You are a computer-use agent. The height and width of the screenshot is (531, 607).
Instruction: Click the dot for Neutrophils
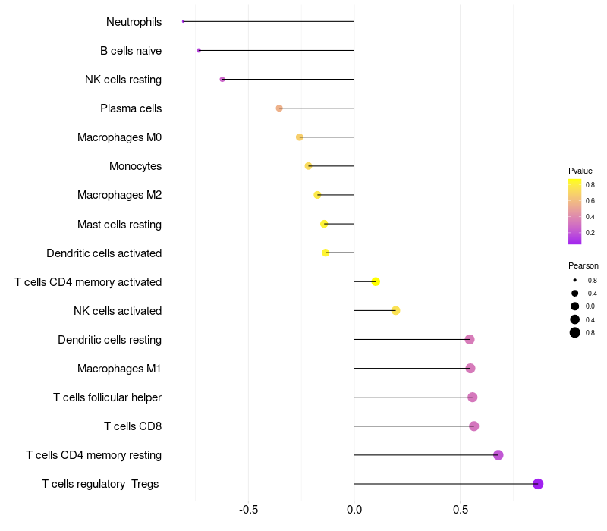[x=184, y=21]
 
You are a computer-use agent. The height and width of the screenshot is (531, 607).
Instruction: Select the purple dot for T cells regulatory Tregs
[x=538, y=484]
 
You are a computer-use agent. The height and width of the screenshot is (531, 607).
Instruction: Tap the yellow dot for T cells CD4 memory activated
[x=376, y=281]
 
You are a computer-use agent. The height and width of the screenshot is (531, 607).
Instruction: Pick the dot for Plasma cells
[x=279, y=108]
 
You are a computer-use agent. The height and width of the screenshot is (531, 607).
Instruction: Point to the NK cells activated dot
[x=395, y=310]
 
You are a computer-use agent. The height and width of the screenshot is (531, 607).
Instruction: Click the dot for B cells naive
[x=199, y=50]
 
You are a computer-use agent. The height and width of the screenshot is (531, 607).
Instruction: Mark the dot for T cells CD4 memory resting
[x=498, y=455]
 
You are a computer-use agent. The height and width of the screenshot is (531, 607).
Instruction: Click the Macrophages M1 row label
[x=119, y=369]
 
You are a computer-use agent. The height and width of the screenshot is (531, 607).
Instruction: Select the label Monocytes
[x=135, y=166]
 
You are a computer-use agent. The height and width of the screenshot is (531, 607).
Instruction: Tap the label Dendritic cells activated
[x=104, y=253]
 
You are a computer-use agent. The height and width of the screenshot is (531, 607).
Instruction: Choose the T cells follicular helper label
[x=107, y=397]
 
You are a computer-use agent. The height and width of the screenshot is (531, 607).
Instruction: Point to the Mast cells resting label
[x=119, y=225]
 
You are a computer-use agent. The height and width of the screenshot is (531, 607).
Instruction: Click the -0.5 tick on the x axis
[x=249, y=509]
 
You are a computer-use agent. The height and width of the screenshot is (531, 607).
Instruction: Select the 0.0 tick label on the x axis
[x=354, y=509]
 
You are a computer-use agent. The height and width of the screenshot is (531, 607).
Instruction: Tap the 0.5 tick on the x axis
[x=460, y=509]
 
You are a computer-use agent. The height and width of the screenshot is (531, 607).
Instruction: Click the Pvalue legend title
[x=580, y=171]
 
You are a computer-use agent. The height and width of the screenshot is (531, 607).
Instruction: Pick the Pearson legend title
[x=583, y=265]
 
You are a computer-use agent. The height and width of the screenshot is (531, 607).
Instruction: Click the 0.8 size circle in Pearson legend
[x=575, y=332]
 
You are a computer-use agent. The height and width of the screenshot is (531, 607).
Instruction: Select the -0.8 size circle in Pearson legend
[x=575, y=280]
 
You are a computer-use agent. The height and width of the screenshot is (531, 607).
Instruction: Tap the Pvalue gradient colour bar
[x=575, y=212]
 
